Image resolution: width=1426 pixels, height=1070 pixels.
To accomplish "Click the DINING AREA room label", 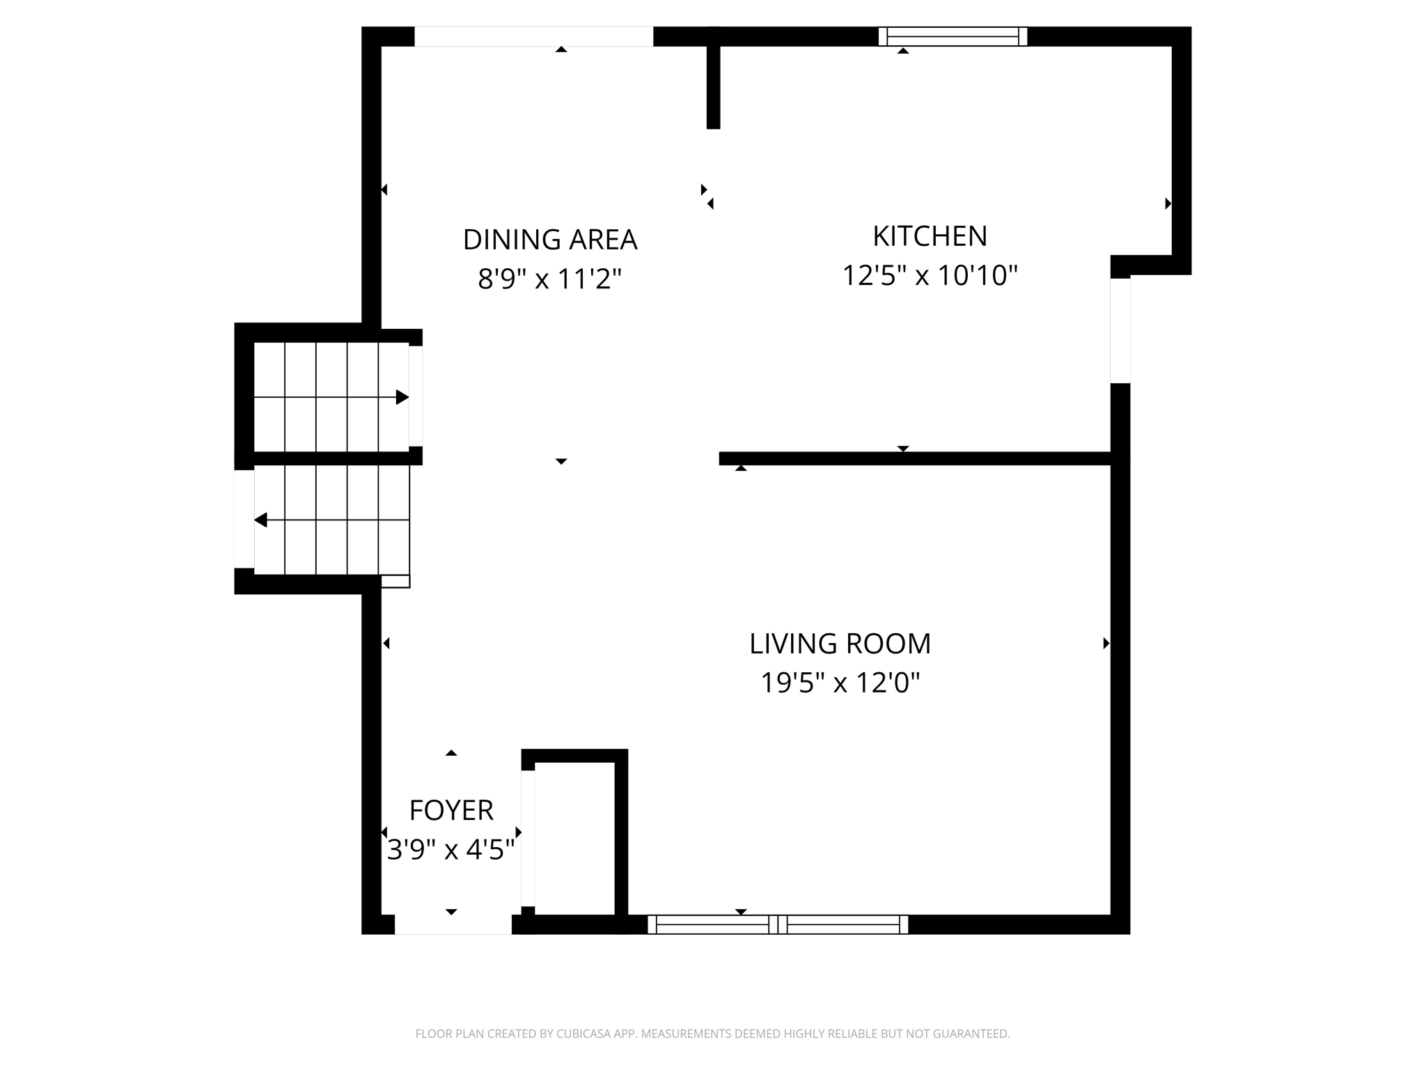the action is click(x=550, y=240).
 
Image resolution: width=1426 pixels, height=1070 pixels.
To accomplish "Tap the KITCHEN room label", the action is click(x=930, y=236).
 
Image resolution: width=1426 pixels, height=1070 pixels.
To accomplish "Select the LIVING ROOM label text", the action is click(x=840, y=644).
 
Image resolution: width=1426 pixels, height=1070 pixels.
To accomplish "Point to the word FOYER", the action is click(x=451, y=810).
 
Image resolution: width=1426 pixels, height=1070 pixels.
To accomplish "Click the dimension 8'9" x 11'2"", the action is click(x=549, y=279).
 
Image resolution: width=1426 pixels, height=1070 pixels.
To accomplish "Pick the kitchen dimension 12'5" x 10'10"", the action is click(x=930, y=275).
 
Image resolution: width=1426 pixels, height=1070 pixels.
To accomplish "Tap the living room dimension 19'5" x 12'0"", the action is click(x=840, y=683).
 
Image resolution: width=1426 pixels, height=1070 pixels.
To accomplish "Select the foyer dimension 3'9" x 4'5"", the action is click(x=451, y=850).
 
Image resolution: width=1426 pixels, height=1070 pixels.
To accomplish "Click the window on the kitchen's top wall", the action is click(x=953, y=36).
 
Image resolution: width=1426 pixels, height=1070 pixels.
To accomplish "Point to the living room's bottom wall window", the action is click(x=778, y=924).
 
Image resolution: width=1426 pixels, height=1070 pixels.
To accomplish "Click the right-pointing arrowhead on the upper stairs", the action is click(x=402, y=397).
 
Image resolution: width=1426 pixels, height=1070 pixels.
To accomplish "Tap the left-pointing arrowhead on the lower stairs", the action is click(x=260, y=520).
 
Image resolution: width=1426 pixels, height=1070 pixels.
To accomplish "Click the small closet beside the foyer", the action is click(x=574, y=839).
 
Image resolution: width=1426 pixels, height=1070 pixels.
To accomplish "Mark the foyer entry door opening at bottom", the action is click(x=453, y=924).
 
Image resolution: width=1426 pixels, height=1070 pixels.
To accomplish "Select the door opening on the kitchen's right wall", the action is click(x=1120, y=330).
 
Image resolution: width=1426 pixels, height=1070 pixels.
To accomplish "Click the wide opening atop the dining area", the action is click(x=534, y=36).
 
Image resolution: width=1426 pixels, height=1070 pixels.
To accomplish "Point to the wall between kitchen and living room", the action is click(x=915, y=458).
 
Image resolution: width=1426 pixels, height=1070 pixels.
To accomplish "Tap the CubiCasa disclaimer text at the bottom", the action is click(x=713, y=1034).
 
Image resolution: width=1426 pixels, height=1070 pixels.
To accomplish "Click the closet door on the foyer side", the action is click(x=528, y=839).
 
